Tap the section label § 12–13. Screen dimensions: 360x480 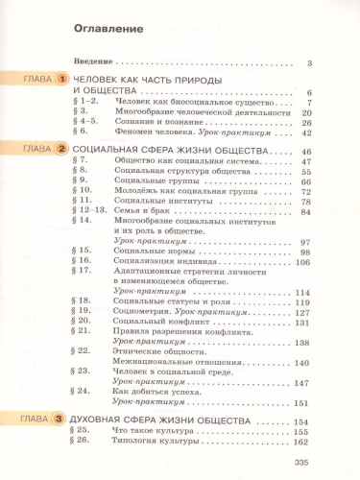click(89, 211)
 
